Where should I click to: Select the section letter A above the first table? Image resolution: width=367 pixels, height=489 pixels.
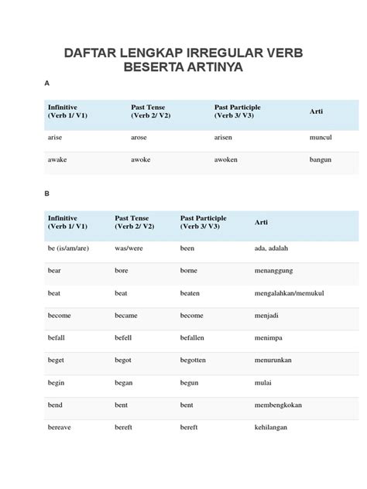click(48, 83)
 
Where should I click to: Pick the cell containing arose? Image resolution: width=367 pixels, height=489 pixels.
click(140, 136)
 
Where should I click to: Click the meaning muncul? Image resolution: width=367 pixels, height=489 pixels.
click(321, 136)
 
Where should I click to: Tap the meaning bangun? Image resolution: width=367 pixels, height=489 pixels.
click(320, 160)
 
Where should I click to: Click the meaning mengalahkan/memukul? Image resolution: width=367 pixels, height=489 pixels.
click(288, 293)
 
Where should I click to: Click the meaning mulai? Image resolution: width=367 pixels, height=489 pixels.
click(264, 382)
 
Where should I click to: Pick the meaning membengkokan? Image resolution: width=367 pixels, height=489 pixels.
click(281, 405)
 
